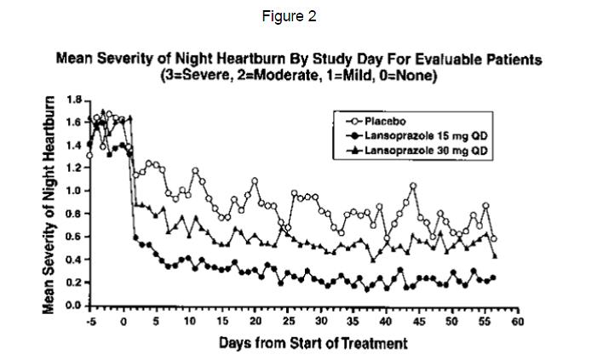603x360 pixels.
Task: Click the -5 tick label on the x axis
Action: (x=91, y=322)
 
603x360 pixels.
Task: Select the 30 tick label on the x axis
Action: (x=321, y=322)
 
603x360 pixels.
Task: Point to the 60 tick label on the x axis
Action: (x=517, y=322)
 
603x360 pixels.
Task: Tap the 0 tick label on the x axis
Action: (x=123, y=322)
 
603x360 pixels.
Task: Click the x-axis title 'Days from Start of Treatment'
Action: (x=313, y=343)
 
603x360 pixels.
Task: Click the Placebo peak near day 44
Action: (x=413, y=186)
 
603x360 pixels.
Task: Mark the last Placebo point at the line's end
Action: (x=494, y=239)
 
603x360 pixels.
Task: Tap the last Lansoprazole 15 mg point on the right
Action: (x=494, y=277)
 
